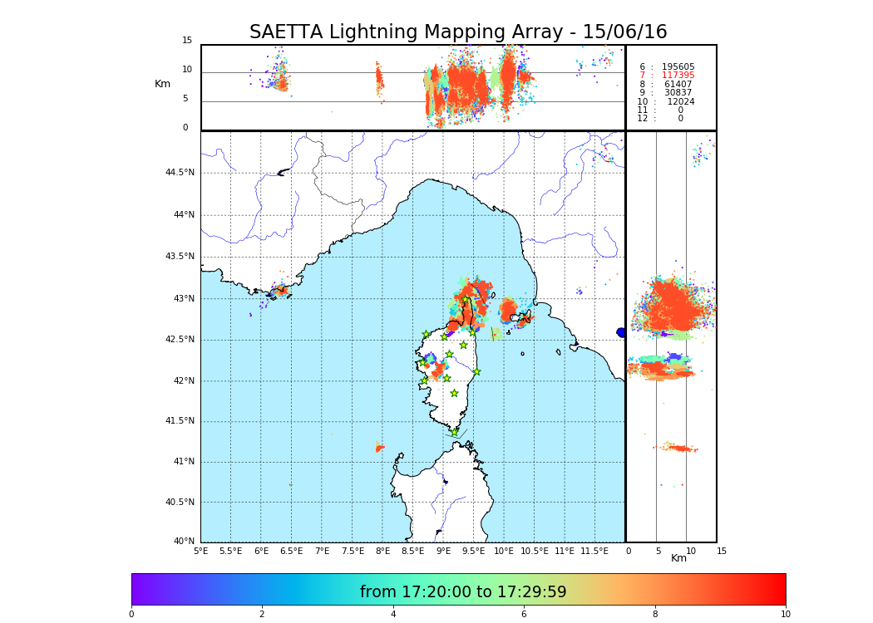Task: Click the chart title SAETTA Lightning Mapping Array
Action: [x=458, y=32]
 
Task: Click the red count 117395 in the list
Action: [x=678, y=76]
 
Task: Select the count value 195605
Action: [x=678, y=66]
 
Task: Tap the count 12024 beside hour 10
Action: [x=680, y=101]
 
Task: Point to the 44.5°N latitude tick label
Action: [x=180, y=173]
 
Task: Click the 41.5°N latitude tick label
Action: [x=180, y=421]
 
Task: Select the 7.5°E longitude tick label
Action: [x=353, y=551]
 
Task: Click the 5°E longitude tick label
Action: [x=201, y=551]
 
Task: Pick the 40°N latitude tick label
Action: [x=183, y=542]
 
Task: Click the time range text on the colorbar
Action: [x=463, y=592]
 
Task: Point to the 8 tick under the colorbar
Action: [x=654, y=614]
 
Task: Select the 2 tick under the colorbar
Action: [x=262, y=614]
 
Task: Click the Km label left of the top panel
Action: [x=162, y=84]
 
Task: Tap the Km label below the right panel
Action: [x=678, y=558]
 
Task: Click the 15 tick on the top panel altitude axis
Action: [x=187, y=41]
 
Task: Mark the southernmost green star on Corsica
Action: [x=454, y=432]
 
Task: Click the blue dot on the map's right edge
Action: [x=621, y=332]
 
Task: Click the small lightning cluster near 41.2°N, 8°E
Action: [x=380, y=449]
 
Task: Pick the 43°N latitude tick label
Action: [x=183, y=298]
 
